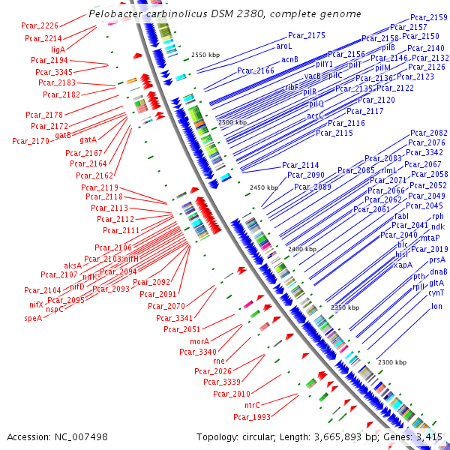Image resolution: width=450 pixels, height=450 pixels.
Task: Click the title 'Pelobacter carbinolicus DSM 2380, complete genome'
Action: click(224, 14)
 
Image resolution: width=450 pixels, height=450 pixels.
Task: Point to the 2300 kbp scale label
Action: click(391, 362)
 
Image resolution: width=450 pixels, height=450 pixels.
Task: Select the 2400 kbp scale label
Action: click(302, 248)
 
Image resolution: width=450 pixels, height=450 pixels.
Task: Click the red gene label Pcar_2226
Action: click(41, 25)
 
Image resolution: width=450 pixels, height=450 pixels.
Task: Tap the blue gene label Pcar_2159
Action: click(429, 17)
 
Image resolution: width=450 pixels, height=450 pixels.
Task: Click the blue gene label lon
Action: click(436, 306)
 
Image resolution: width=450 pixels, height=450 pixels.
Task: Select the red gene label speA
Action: click(33, 318)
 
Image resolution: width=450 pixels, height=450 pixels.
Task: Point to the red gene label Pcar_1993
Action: click(251, 417)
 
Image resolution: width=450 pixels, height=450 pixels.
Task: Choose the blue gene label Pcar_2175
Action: click(306, 35)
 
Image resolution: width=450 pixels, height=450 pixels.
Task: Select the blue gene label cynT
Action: click(436, 293)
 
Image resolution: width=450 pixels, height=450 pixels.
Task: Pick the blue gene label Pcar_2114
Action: click(300, 165)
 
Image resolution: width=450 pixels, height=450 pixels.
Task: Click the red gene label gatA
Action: click(88, 139)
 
